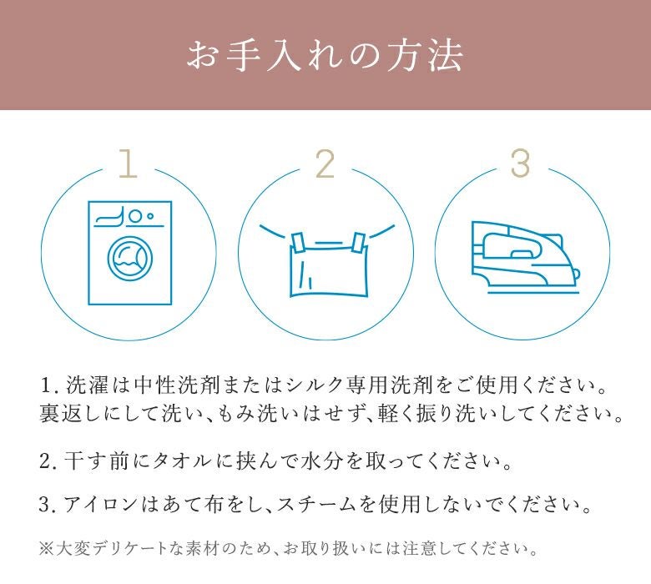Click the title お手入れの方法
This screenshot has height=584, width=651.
[x=325, y=56]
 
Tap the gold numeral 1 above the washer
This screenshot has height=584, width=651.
[x=129, y=164]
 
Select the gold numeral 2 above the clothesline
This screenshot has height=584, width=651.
[x=325, y=164]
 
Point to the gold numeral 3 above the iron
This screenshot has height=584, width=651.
[x=520, y=164]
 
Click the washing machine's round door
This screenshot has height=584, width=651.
[x=130, y=259]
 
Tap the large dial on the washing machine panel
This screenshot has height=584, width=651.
[x=134, y=216]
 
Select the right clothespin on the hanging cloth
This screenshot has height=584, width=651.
[x=358, y=243]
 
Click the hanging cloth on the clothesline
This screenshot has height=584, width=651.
[x=329, y=270]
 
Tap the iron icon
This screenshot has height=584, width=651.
[x=525, y=256]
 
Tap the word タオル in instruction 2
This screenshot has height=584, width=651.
[x=181, y=461]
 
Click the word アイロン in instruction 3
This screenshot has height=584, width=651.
[x=100, y=505]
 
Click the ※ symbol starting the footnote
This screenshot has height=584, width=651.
[x=46, y=549]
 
